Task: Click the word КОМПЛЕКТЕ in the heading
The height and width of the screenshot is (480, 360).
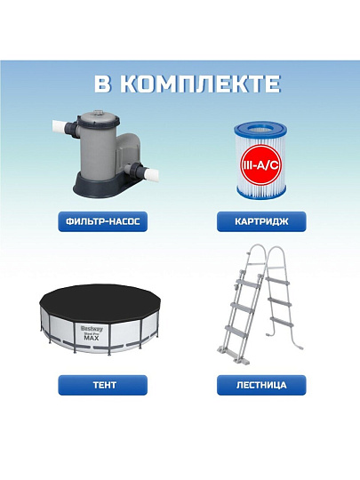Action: pyautogui.click(x=199, y=84)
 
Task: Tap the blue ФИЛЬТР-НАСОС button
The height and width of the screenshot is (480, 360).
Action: pyautogui.click(x=103, y=221)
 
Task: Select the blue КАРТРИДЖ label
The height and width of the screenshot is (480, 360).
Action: pyautogui.click(x=261, y=221)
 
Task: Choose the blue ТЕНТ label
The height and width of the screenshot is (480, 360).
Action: pyautogui.click(x=103, y=385)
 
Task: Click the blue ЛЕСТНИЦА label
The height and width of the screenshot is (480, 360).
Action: pyautogui.click(x=261, y=385)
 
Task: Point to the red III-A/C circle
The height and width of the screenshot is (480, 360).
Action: pyautogui.click(x=261, y=165)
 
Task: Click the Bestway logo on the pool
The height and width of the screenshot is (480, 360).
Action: pyautogui.click(x=92, y=329)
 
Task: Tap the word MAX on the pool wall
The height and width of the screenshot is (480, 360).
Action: pyautogui.click(x=92, y=339)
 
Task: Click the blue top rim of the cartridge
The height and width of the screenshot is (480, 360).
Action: pyautogui.click(x=260, y=128)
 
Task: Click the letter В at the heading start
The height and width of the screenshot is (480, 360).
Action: pyautogui.click(x=102, y=84)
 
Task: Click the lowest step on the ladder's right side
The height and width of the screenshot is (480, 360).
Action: pyautogui.click(x=283, y=321)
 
